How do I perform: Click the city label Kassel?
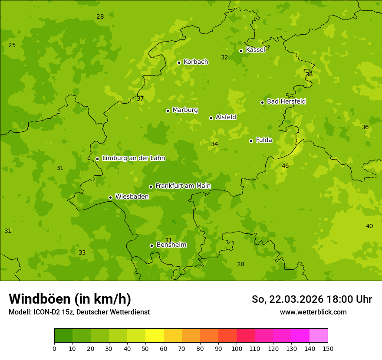255,50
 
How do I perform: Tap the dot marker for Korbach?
179,62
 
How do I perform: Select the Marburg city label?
185,110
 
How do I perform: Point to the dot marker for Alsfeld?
211,118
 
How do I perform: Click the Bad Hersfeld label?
286,101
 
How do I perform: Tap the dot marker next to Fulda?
251,141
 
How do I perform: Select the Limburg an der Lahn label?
133,158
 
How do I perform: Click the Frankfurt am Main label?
183,186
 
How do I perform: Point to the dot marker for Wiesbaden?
110,197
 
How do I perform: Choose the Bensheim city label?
171,245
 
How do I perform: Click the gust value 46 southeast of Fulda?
285,166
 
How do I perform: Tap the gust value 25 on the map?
12,46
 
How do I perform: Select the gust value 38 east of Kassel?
309,75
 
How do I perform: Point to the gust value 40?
369,226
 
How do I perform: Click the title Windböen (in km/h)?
70,299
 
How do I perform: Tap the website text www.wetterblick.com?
313,312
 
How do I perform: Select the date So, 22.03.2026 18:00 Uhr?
312,299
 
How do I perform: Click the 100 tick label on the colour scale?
237,348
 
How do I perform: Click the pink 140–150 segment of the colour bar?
319,336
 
